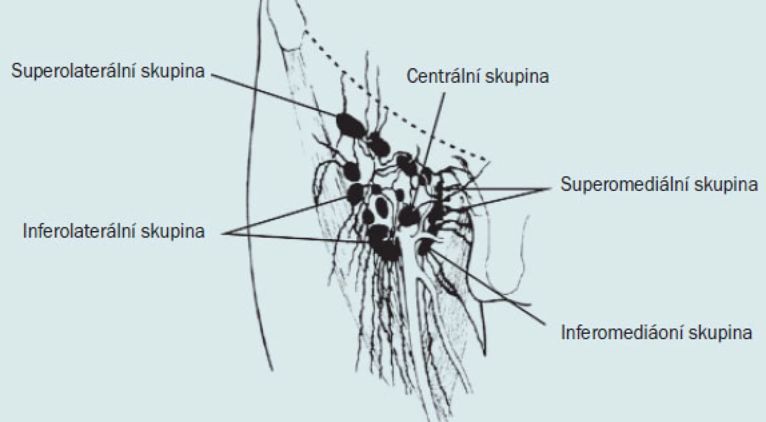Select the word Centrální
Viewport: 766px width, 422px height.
pos(442,76)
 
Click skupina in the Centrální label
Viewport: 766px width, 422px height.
pos(517,76)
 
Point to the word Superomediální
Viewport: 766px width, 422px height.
pos(619,185)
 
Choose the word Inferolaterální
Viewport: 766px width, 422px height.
pos(79,231)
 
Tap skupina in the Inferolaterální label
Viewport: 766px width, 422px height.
pos(173,232)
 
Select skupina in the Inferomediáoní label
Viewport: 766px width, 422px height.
pos(720,333)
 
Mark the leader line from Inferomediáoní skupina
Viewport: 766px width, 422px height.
pos(488,287)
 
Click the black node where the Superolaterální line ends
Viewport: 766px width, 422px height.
pos(351,125)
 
